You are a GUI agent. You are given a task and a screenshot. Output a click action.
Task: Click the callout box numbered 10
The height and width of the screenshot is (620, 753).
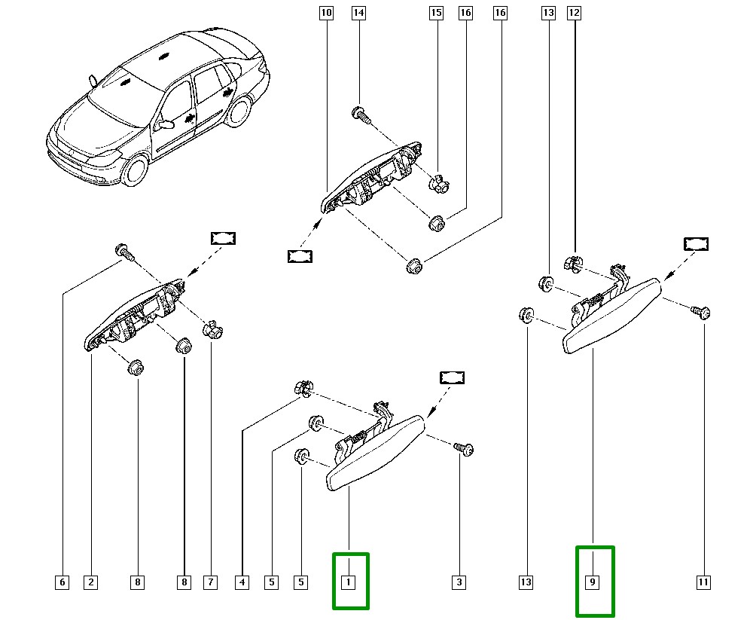[x=325, y=13]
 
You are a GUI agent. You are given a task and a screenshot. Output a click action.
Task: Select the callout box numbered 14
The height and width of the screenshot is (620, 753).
[x=358, y=13]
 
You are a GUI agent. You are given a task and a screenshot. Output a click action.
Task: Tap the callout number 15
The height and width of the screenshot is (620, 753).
[x=435, y=13]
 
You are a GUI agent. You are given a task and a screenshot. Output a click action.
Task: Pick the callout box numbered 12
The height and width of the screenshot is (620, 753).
[x=575, y=13]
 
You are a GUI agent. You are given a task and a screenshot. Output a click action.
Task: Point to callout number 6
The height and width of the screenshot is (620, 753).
[x=62, y=582]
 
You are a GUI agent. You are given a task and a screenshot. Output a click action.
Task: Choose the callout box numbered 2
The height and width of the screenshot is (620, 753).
[x=90, y=582]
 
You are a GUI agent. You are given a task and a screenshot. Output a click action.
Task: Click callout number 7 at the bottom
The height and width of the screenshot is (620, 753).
[x=210, y=582]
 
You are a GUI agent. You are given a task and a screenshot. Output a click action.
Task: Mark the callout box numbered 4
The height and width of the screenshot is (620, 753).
[x=242, y=582]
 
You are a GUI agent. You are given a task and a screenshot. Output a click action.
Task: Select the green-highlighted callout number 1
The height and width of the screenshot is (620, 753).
[x=349, y=582]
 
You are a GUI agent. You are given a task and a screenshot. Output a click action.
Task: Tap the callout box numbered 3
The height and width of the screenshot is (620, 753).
[x=459, y=582]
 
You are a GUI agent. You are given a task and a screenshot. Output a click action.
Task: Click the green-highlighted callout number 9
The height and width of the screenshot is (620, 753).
[x=593, y=582]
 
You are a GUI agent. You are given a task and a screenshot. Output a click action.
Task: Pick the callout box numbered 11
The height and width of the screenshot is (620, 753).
[x=703, y=582]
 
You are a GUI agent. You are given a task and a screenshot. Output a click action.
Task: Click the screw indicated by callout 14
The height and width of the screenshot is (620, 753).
[x=359, y=115]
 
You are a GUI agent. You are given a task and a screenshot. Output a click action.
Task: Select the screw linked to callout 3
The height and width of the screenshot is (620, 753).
[x=464, y=449]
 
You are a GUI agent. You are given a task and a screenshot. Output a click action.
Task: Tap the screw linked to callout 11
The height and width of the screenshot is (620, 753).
[x=703, y=312]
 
